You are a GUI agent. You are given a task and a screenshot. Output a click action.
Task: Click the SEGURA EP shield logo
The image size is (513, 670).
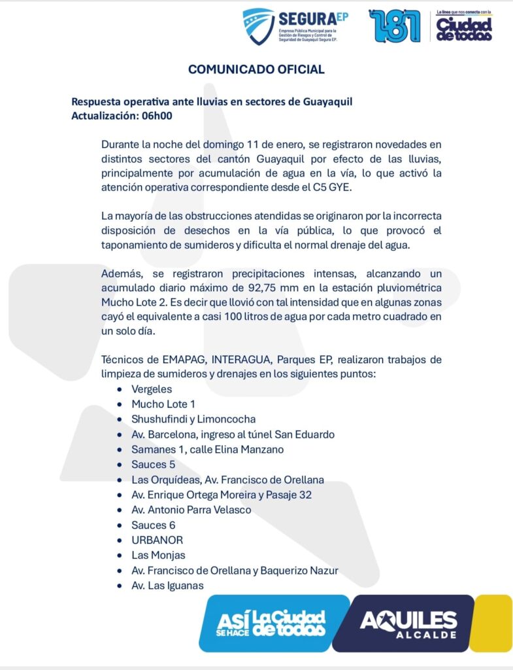(x=258, y=26)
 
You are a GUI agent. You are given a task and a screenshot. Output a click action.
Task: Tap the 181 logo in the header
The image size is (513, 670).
(x=395, y=26)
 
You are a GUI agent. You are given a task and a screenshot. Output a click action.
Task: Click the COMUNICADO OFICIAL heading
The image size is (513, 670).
(x=256, y=69)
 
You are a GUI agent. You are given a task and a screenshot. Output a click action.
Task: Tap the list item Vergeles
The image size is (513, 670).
(x=152, y=389)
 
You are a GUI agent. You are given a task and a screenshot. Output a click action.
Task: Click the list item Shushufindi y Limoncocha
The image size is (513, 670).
(x=193, y=419)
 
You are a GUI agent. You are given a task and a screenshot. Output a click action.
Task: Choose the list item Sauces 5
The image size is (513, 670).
(x=149, y=465)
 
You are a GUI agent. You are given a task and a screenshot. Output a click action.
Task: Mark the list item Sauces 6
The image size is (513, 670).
(x=149, y=525)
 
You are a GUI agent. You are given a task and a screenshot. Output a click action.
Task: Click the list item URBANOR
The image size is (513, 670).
(x=157, y=540)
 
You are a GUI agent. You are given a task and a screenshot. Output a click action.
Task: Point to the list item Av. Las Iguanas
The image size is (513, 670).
(x=167, y=586)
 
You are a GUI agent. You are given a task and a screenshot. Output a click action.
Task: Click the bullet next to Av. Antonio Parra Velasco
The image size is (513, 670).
(x=118, y=510)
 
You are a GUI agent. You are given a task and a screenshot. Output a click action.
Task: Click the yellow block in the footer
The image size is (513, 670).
(x=495, y=622)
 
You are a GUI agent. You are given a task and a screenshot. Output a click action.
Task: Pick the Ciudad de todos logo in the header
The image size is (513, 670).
(x=464, y=27)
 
